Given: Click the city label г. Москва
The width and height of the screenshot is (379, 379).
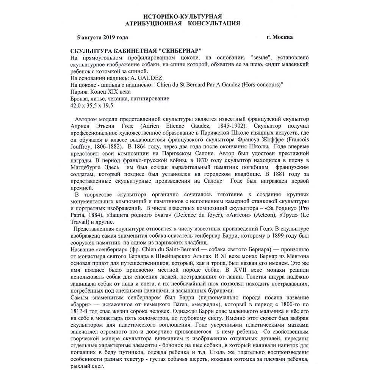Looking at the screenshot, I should point(279,37).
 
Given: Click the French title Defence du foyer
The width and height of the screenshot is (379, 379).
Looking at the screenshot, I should point(193,215).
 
